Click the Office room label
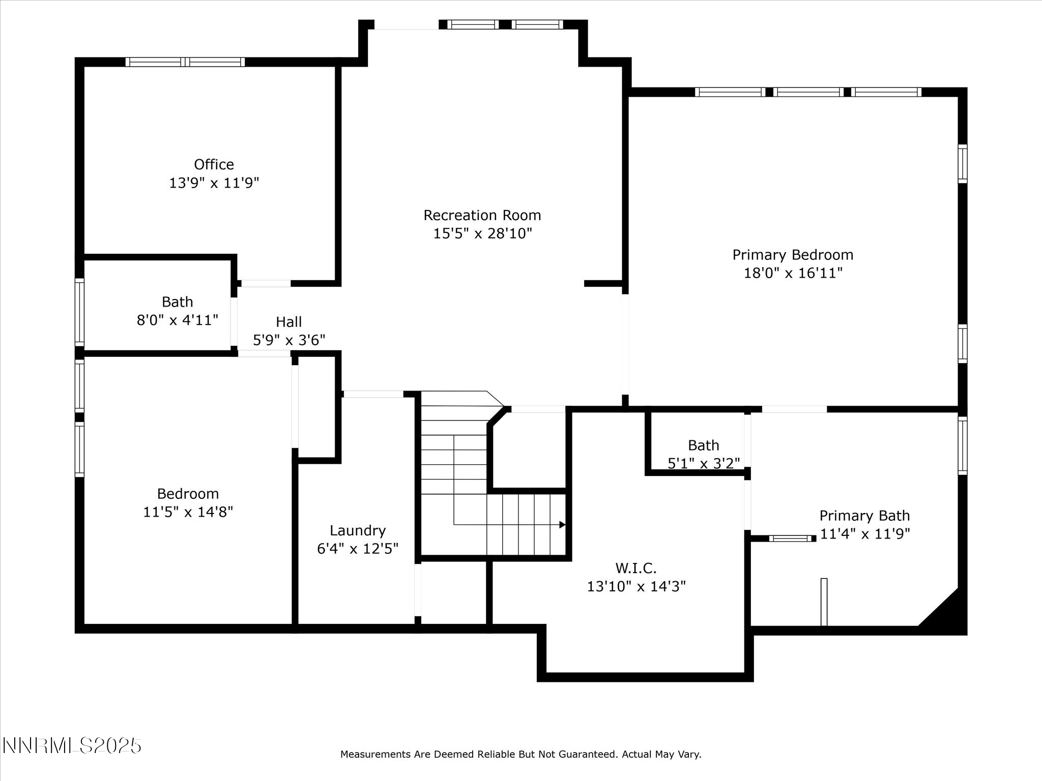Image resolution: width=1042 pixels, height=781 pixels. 214,164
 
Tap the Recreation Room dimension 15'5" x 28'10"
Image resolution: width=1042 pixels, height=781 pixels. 482,233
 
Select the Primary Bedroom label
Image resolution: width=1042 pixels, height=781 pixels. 793,255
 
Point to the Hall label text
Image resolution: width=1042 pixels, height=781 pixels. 288,322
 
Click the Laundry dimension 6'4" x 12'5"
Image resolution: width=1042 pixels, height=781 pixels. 357,549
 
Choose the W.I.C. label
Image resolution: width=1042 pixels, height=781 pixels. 636,568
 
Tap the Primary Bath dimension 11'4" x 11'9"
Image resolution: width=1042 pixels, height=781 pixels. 864,533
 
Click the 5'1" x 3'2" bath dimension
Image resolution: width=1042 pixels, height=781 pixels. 703,463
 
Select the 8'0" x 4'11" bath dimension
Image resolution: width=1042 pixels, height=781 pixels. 177,320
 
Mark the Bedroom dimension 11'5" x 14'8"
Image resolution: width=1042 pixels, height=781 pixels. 188,512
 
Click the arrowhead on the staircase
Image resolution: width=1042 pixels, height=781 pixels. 562,525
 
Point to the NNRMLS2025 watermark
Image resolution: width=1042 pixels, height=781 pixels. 72,746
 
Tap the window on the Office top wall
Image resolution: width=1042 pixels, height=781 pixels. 185,62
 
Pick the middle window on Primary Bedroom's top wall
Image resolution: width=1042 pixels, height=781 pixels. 808,92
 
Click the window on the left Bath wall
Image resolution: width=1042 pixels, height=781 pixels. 79,312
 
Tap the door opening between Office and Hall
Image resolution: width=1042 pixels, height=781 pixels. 266,283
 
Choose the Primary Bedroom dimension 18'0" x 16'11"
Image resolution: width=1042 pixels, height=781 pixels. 793,273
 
